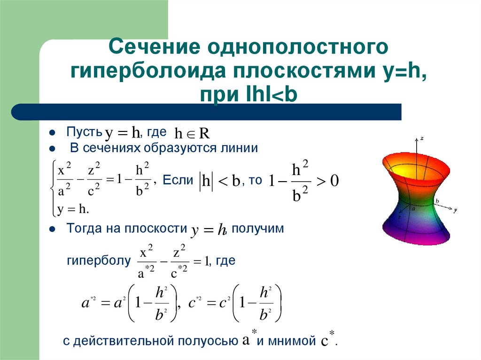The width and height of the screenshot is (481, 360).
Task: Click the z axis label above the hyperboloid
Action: pyautogui.click(x=423, y=138)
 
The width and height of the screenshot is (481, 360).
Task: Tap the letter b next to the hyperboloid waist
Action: pyautogui.click(x=437, y=201)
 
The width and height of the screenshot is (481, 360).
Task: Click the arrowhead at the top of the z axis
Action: pyautogui.click(x=417, y=139)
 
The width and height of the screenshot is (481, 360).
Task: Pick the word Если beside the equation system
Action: pyautogui.click(x=178, y=180)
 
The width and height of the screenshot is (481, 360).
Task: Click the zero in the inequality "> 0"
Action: pyautogui.click(x=334, y=181)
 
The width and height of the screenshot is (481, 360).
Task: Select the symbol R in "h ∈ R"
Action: pyautogui.click(x=203, y=134)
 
